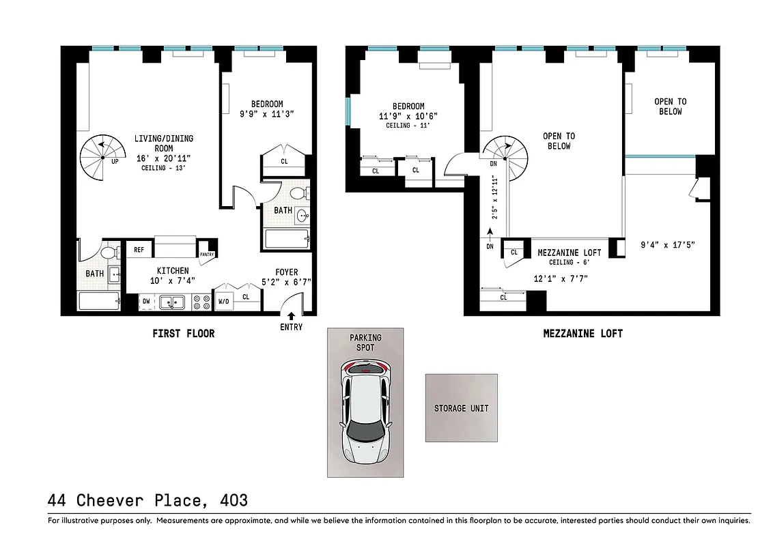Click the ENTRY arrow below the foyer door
292,316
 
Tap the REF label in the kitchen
139,250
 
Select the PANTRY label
207,255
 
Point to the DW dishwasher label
146,300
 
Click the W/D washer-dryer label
223,300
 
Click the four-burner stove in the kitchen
201,302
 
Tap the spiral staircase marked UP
100,158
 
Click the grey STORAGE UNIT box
461,408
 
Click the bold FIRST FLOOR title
183,334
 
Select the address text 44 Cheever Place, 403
147,500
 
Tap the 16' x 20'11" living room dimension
163,158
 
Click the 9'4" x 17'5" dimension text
668,244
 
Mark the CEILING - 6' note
559,263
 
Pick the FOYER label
287,272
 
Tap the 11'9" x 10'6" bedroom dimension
408,116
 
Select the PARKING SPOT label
366,342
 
